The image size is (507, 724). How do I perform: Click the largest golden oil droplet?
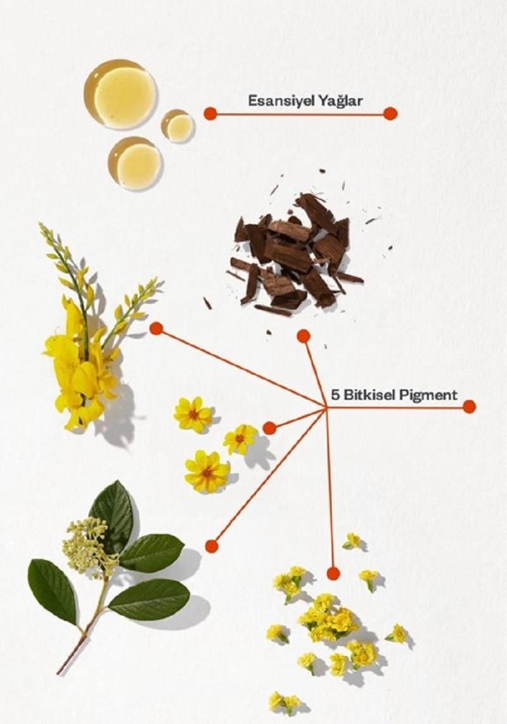(x=120, y=94)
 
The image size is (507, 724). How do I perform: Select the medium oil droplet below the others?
(x=135, y=163)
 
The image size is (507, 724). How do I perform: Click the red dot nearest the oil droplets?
(x=210, y=113)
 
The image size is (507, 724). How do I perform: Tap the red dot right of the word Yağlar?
(x=390, y=113)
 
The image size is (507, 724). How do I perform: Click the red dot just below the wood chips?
(x=304, y=336)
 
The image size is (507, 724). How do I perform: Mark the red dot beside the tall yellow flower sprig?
(x=156, y=328)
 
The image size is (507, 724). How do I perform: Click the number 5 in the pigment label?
(x=335, y=395)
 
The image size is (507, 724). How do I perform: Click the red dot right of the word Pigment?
(x=469, y=406)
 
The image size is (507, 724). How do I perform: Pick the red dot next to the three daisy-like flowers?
(x=269, y=428)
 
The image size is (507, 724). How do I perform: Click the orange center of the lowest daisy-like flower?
(x=207, y=472)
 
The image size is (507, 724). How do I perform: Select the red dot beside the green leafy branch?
(x=212, y=546)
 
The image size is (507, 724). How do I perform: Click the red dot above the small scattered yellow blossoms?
(x=333, y=573)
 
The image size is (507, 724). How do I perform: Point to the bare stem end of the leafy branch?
(x=60, y=671)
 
